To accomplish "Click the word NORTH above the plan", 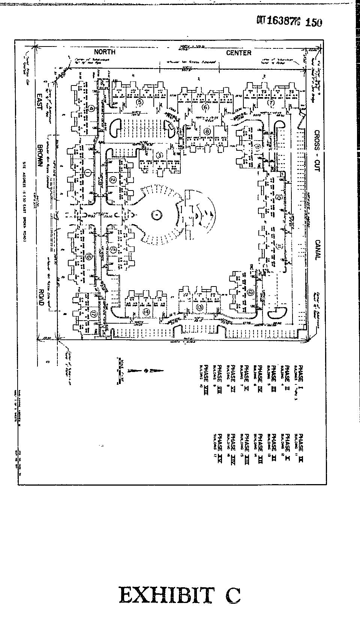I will point(105,52).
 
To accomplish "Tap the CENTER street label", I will point(238,53).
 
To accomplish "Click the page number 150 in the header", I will point(313,22).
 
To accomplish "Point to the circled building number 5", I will point(140,102).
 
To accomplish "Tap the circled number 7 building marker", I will point(271,102).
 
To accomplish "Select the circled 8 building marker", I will point(207,131).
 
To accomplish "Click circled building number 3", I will point(159,155).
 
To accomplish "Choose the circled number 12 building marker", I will point(250,293).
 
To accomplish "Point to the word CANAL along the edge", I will point(317,250).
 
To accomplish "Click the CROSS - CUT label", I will point(317,150).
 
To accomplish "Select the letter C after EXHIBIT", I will point(232,595).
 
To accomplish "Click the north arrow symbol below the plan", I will point(146,370).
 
